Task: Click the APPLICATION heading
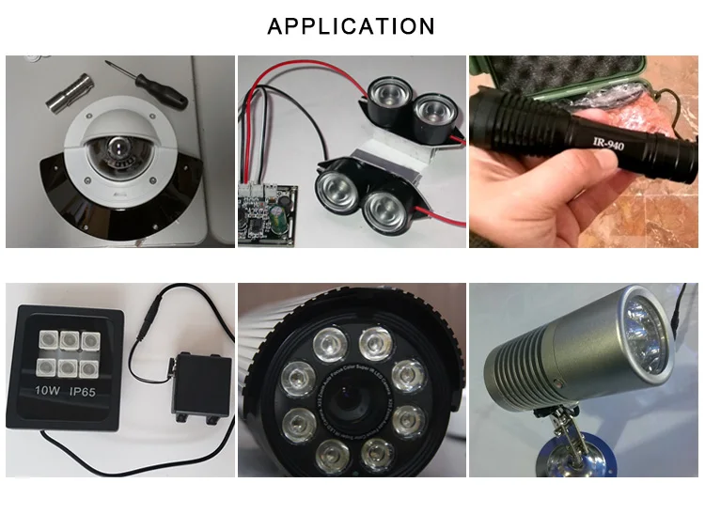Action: click(x=352, y=25)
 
